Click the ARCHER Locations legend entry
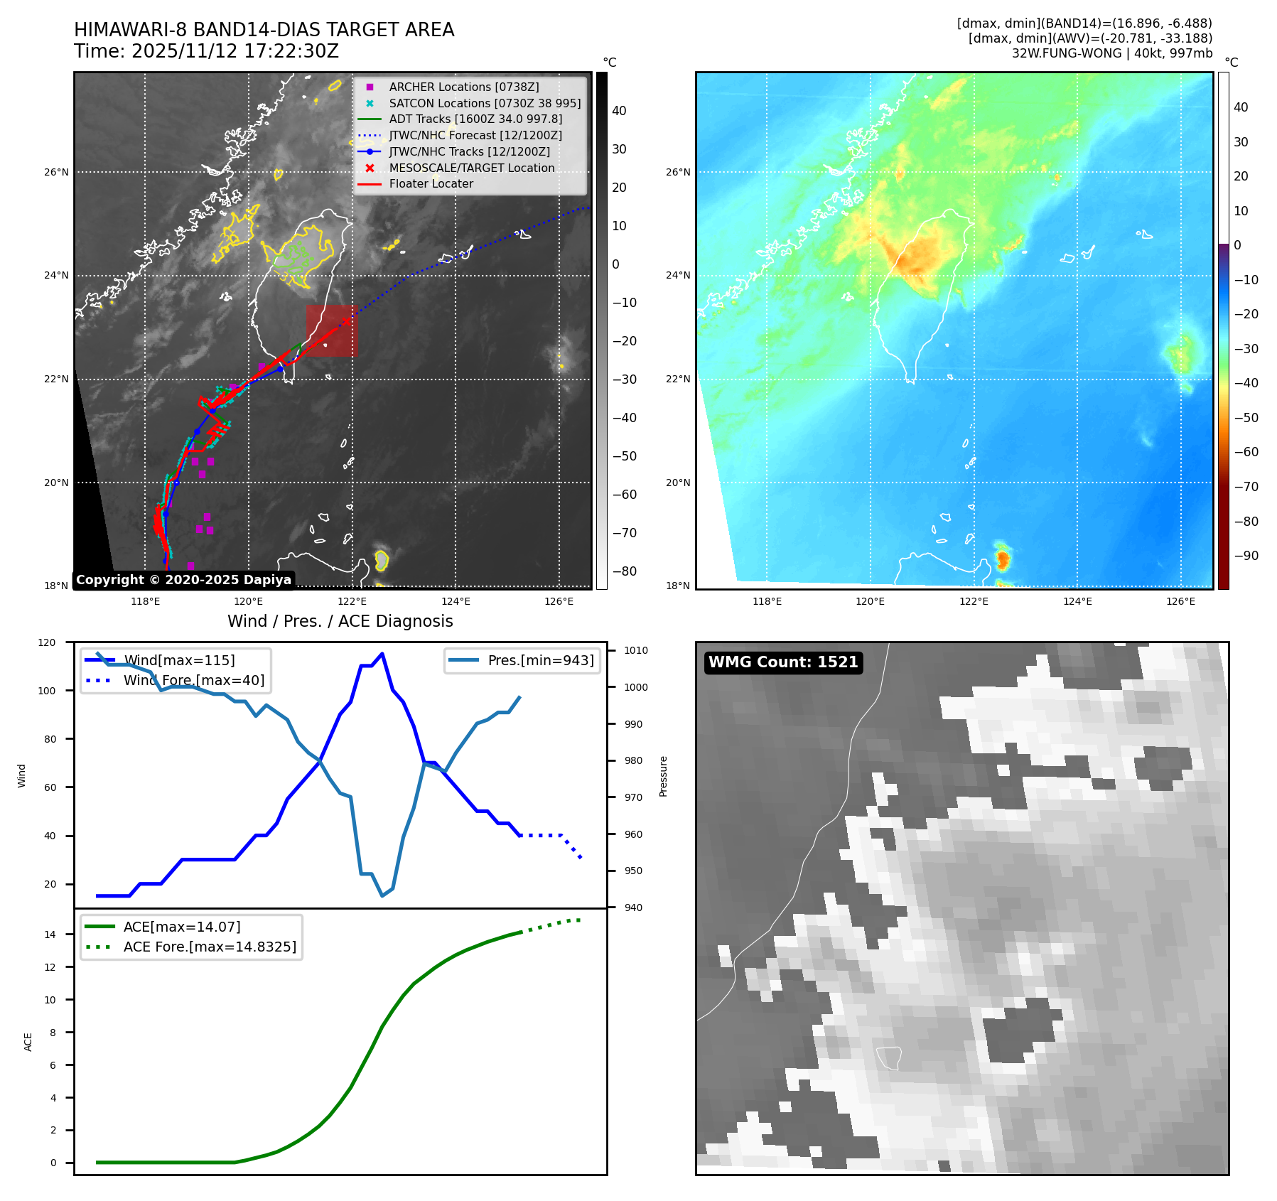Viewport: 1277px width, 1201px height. coord(463,87)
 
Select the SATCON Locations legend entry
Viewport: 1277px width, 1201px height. coord(484,103)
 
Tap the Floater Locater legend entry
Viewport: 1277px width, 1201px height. coord(431,183)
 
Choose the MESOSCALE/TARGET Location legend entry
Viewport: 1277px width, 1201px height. coord(471,168)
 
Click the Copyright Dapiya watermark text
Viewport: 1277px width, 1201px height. coord(183,580)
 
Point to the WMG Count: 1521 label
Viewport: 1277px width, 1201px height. coord(783,662)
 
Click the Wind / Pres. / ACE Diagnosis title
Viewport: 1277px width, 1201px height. coord(340,621)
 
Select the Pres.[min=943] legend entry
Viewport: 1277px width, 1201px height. coord(540,660)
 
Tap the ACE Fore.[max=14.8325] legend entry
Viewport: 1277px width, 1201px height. coord(210,947)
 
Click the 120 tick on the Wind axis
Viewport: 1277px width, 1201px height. coord(47,642)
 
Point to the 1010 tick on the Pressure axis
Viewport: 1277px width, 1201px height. coord(636,650)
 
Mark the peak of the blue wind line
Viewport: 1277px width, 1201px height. coord(382,654)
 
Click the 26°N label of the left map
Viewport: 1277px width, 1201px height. coord(57,172)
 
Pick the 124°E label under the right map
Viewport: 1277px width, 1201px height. coord(1077,601)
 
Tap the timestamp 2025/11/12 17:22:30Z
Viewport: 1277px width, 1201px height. coord(235,51)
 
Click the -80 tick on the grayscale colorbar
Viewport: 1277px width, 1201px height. coord(625,571)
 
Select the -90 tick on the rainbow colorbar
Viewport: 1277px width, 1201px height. coord(1246,556)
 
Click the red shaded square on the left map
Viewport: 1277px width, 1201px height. coord(332,330)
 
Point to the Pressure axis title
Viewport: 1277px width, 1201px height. coord(663,775)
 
